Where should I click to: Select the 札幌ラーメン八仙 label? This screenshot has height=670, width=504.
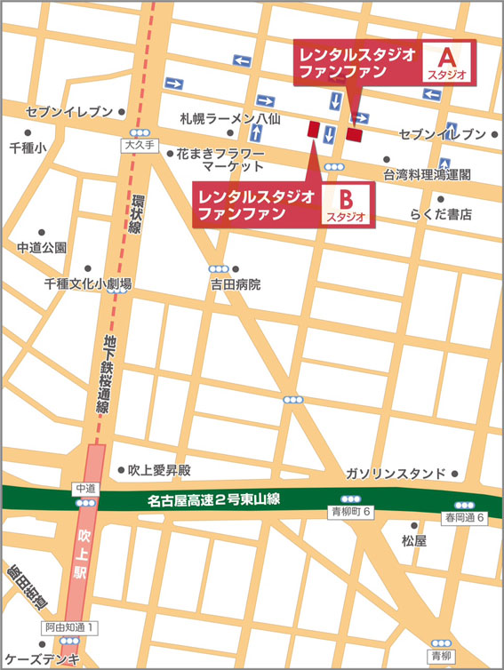(x=230, y=116)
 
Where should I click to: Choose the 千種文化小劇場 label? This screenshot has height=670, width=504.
(x=88, y=283)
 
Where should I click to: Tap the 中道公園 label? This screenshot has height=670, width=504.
(x=42, y=247)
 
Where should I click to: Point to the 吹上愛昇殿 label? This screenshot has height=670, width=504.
(x=161, y=470)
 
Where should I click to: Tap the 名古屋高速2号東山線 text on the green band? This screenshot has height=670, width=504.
(x=214, y=501)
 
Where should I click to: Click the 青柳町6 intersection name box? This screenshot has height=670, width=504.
(x=350, y=513)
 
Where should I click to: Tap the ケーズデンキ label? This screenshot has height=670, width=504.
(x=43, y=658)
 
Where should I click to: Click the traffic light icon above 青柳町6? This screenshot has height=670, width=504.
(x=350, y=499)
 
